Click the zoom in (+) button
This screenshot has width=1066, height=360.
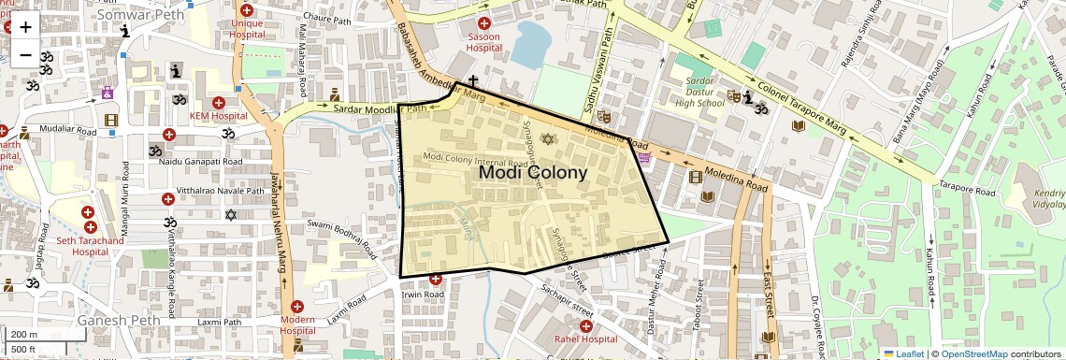pyautogui.click(x=25, y=28)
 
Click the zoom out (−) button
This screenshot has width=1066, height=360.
pyautogui.click(x=25, y=55)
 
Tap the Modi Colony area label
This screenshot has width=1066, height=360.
pyautogui.click(x=533, y=173)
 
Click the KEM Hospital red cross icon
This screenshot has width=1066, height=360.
pyautogui.click(x=218, y=102)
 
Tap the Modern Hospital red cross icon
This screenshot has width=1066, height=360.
pyautogui.click(x=297, y=307)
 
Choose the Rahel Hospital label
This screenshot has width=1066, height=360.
pyautogui.click(x=586, y=338)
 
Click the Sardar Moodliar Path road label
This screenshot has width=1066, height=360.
pyautogui.click(x=380, y=109)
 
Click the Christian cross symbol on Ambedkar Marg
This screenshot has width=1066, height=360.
pyautogui.click(x=473, y=81)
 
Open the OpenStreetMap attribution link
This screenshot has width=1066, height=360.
pyautogui.click(x=973, y=353)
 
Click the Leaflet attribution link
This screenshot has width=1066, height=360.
pyautogui.click(x=905, y=353)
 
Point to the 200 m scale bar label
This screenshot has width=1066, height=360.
pyautogui.click(x=24, y=335)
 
